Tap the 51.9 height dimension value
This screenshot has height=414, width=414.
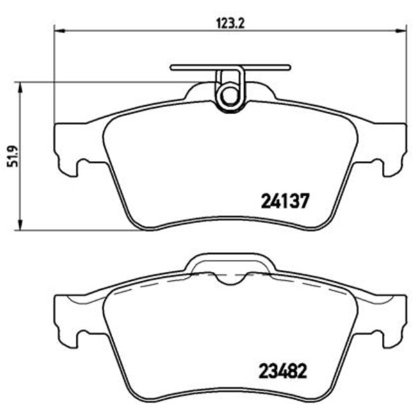(x=11, y=155)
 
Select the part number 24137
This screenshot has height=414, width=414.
(x=285, y=201)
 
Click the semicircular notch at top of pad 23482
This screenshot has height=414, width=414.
(x=230, y=278)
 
